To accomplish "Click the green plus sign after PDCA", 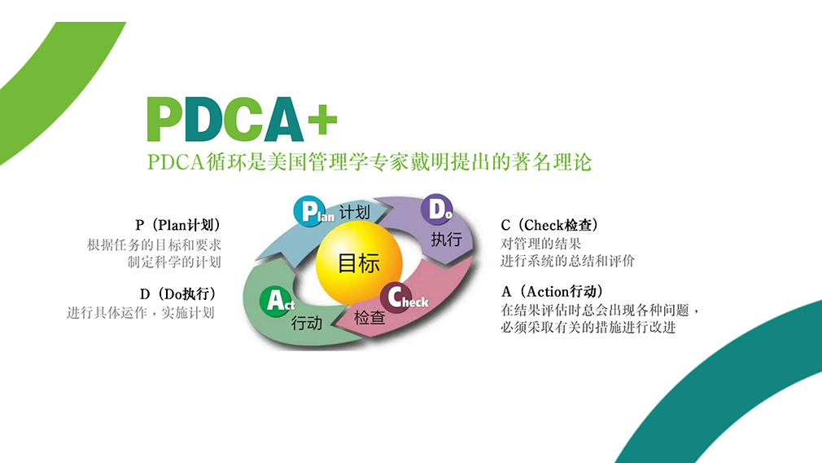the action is coord(322,120).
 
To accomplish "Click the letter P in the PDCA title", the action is coord(164,119).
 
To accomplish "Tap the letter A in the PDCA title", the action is coord(283,119).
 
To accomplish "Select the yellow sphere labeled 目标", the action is coord(359,262).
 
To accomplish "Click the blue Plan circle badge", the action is coord(309,211).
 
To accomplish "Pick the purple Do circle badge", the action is coord(437,209).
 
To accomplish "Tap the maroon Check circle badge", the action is coord(396,298).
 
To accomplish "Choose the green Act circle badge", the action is coord(275,302).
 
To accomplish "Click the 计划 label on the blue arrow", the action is coord(354,213).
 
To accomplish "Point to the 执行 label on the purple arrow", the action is coord(446,240).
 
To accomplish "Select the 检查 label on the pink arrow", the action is coord(369,317).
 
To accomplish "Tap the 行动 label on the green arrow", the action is coord(307,323).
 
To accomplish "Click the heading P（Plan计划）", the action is coord(177,225).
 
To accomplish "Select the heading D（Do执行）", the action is coord(177,294).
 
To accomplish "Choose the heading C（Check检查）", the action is coord(550,225).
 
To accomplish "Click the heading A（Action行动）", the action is coord(553,291).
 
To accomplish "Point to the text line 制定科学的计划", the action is coord(174,262).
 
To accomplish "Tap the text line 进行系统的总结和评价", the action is coord(568,260).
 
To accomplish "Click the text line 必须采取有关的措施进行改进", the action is coord(588,327).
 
